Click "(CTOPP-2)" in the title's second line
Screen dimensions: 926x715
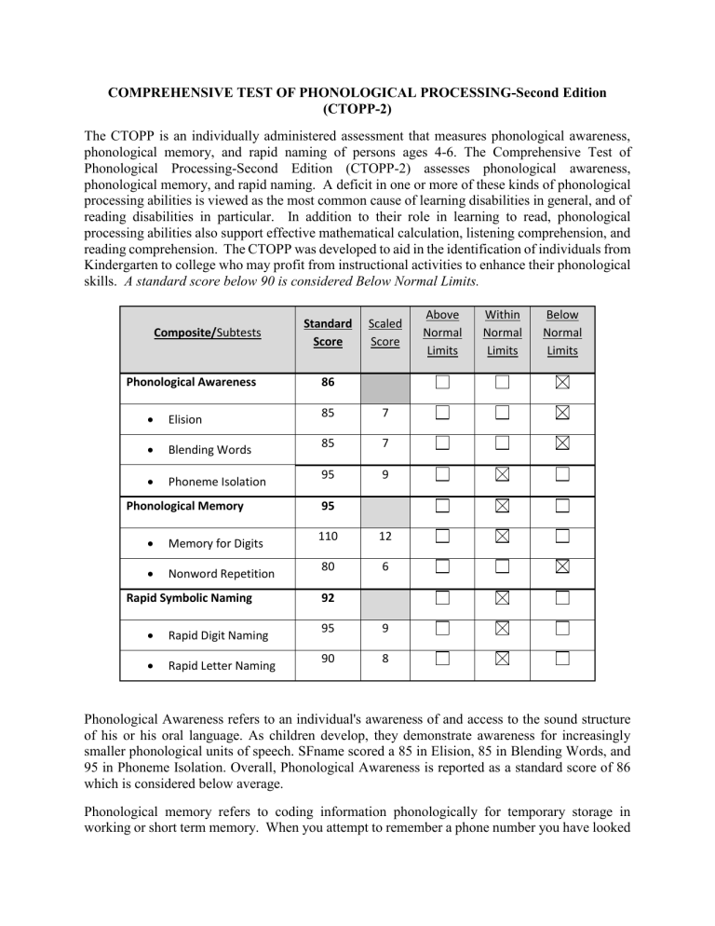357,109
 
